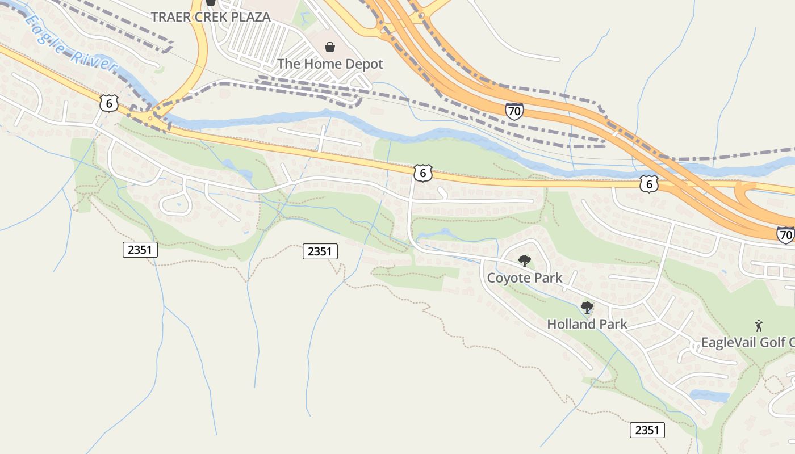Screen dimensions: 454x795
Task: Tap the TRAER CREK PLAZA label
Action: pos(211,16)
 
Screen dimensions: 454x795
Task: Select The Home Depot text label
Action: pos(330,64)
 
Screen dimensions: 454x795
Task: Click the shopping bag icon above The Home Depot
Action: pos(329,47)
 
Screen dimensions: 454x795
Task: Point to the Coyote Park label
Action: pos(524,278)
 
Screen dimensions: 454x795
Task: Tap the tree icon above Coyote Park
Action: pos(525,261)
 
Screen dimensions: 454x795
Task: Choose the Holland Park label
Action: pos(587,324)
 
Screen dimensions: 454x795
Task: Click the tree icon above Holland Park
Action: pos(587,308)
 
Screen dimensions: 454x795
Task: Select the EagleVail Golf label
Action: pos(747,342)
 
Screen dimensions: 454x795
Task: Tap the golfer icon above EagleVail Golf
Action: pos(759,326)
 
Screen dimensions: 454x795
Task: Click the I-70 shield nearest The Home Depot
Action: pos(514,111)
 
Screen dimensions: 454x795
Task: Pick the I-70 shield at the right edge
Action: pos(786,234)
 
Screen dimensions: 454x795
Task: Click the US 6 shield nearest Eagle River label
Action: pos(108,103)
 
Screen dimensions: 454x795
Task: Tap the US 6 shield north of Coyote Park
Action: pos(422,173)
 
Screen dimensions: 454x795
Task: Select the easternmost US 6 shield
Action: pos(649,183)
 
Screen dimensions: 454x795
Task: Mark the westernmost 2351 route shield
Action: pos(140,249)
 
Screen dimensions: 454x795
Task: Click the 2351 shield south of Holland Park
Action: pos(647,430)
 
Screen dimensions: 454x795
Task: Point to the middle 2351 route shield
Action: pos(320,251)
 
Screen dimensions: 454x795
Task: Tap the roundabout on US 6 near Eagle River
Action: pos(150,119)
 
